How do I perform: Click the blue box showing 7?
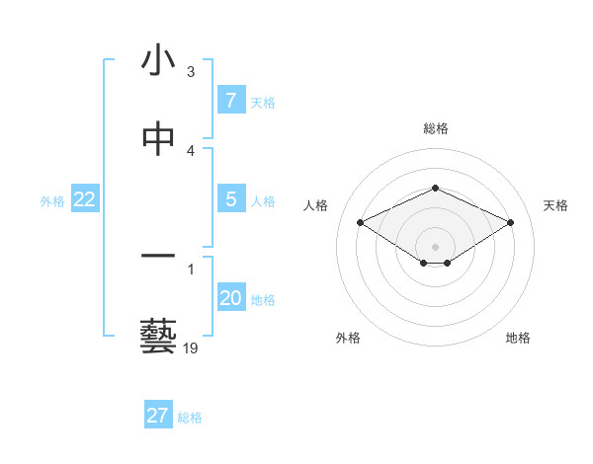tap(230, 101)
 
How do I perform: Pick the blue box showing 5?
tap(230, 199)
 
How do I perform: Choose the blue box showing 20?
tap(230, 298)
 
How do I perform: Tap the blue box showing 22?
tap(85, 199)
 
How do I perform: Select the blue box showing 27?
tap(158, 416)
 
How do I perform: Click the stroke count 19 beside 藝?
tap(191, 348)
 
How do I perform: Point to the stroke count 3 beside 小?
tap(191, 71)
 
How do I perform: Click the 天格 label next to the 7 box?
tap(263, 102)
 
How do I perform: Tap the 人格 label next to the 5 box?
tap(263, 200)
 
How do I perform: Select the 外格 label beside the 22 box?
tap(52, 200)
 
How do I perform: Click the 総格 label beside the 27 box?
tap(190, 417)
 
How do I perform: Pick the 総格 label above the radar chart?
tap(436, 128)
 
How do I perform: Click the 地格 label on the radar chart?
tap(518, 338)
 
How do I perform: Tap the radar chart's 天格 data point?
tap(511, 223)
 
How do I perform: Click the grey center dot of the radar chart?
tap(436, 246)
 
